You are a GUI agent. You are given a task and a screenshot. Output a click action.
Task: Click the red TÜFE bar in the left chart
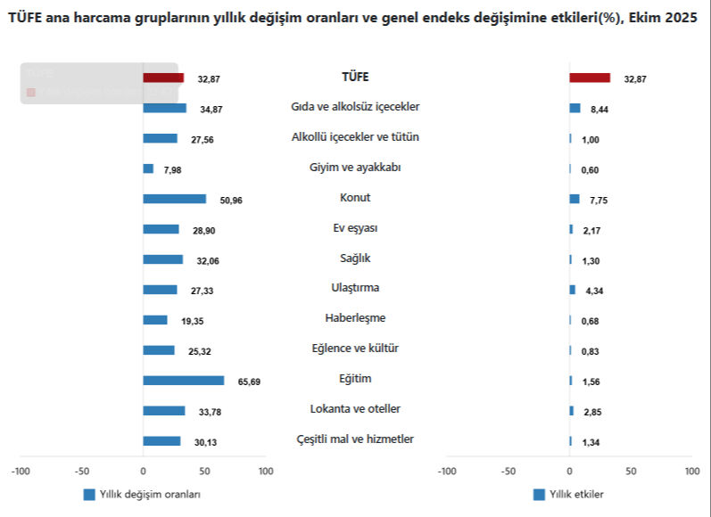(x=163, y=78)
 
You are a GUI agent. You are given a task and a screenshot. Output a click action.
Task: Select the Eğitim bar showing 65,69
(x=183, y=381)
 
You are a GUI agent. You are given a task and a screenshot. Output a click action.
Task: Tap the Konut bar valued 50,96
(x=174, y=199)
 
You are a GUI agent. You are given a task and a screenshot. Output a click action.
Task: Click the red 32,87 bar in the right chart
(x=590, y=78)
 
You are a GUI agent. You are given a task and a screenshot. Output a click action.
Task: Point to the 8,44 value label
(x=599, y=110)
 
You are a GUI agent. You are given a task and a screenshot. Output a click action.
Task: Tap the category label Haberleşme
(x=355, y=318)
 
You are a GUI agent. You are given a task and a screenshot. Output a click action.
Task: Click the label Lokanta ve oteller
(x=355, y=409)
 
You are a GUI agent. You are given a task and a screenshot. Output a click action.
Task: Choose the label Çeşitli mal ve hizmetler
(x=355, y=439)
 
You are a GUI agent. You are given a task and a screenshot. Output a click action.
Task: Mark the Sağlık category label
(x=355, y=258)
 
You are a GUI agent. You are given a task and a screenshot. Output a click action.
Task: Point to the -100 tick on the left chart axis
(x=20, y=471)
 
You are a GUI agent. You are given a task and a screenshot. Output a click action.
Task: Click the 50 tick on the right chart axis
(x=631, y=471)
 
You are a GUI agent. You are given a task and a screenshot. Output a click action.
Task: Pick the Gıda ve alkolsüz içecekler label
(x=355, y=107)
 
